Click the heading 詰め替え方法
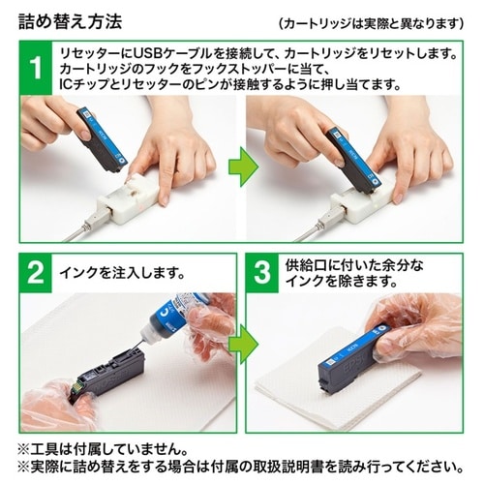[72, 19]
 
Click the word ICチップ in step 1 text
[84, 86]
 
